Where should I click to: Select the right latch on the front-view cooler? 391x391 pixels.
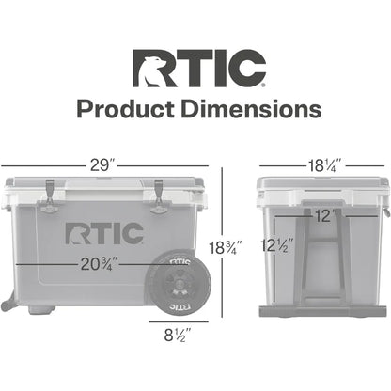[157, 191]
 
